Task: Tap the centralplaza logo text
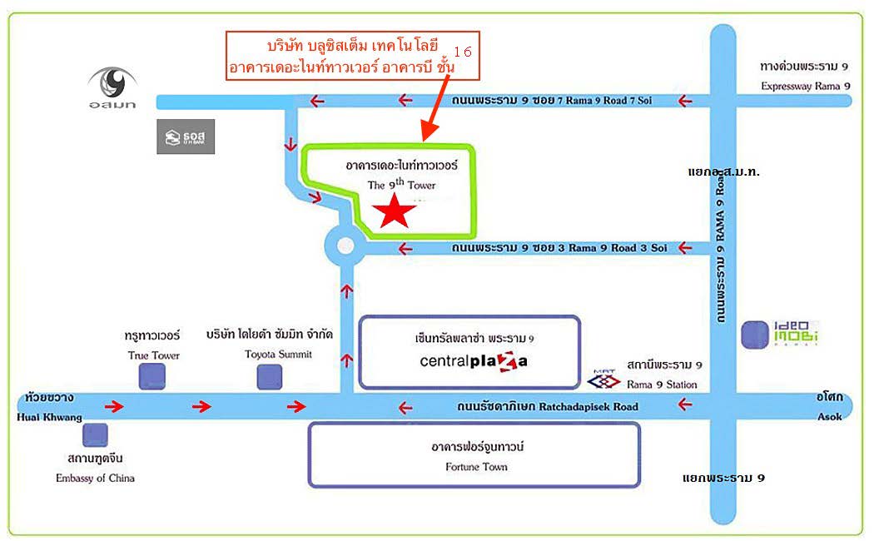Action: point(474,361)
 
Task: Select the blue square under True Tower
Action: point(152,376)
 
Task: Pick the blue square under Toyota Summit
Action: point(269,377)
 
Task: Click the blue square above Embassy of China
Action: point(96,434)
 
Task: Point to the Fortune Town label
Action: point(477,467)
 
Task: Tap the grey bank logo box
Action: point(186,136)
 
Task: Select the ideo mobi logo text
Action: point(796,333)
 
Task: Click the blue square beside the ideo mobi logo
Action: point(755,335)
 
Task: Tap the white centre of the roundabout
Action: point(345,246)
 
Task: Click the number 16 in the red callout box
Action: point(463,52)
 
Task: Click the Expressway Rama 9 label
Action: point(806,86)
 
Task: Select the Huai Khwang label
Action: point(49,417)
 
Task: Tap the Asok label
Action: point(829,417)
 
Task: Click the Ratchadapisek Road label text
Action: point(588,407)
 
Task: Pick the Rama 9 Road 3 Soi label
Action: point(617,248)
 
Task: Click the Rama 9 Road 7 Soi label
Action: point(608,100)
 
